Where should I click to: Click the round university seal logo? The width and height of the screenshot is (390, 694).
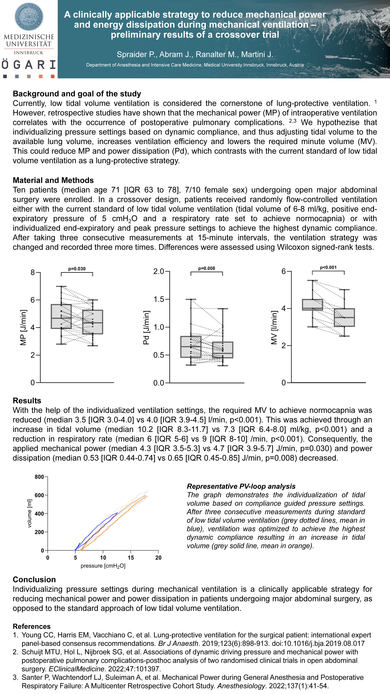point(29,16)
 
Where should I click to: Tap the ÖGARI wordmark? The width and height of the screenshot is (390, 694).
point(29,65)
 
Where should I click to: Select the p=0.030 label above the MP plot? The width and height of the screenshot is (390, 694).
point(77,269)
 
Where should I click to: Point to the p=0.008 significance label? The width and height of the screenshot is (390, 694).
point(206,268)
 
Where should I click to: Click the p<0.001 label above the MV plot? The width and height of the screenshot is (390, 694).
point(328,267)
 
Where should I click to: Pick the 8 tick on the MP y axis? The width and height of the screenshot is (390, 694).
point(33,272)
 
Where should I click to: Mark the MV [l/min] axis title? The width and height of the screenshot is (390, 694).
point(274,327)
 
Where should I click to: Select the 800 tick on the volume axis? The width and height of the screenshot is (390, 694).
point(39,477)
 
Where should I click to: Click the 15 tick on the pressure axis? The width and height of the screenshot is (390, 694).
point(131,558)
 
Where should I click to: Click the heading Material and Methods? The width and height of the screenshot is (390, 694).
point(53,180)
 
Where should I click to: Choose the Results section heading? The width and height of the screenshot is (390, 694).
point(27,401)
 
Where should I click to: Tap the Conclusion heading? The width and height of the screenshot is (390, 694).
point(34,579)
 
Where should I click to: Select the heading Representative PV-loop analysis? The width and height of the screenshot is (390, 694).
point(241,486)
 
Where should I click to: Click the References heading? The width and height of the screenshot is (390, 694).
point(32,626)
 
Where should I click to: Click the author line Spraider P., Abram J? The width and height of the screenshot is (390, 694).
point(195,54)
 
